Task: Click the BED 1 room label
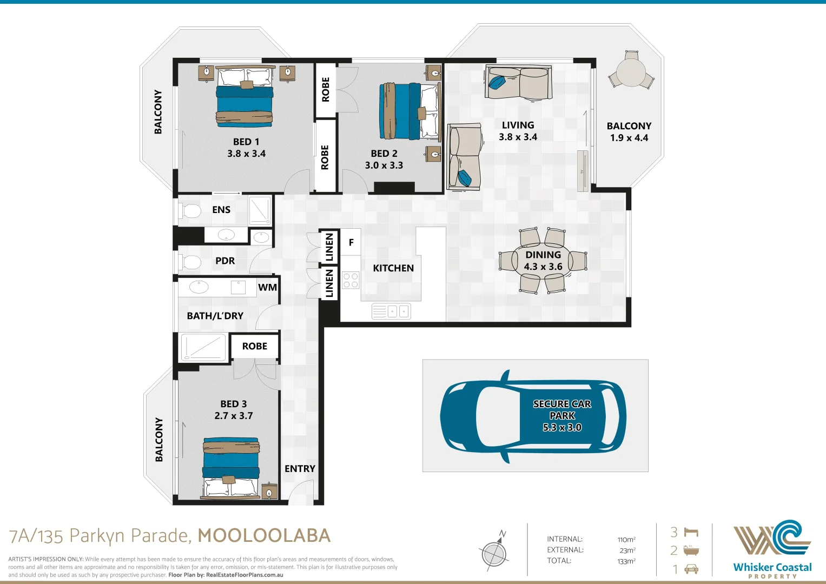pyautogui.click(x=246, y=142)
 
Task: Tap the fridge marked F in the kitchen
pyautogui.click(x=351, y=242)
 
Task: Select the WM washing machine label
pyautogui.click(x=267, y=287)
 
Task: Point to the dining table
pyautogui.click(x=543, y=260)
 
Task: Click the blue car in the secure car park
pyautogui.click(x=533, y=416)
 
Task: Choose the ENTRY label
pyautogui.click(x=300, y=469)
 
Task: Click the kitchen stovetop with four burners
pyautogui.click(x=351, y=280)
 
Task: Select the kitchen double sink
pyautogui.click(x=391, y=311)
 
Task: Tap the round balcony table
pyautogui.click(x=631, y=72)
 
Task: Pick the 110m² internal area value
pyautogui.click(x=626, y=540)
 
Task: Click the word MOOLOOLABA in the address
pyautogui.click(x=264, y=536)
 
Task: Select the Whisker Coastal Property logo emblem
pyautogui.click(x=772, y=537)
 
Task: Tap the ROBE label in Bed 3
pyautogui.click(x=254, y=346)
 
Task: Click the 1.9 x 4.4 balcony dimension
pyautogui.click(x=629, y=138)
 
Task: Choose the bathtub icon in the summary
pyautogui.click(x=691, y=550)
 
